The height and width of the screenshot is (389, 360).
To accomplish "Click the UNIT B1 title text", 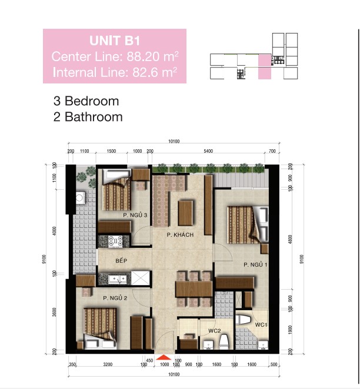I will point(115,41).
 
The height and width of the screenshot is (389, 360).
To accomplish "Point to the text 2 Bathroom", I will point(88,116).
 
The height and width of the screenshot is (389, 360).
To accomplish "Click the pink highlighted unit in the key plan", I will point(265,66).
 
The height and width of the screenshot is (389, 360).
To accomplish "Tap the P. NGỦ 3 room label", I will point(135,216).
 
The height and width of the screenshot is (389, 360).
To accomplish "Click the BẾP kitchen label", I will point(121,260).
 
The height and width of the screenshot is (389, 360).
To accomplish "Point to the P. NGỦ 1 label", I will point(256,265).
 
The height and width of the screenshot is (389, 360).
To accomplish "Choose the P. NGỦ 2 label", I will point(115,299).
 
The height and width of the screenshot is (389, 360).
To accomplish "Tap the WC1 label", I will point(262,324).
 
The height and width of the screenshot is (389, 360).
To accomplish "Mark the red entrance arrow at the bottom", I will point(164,357).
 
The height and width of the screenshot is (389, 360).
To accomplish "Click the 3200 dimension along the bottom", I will point(108,364).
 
